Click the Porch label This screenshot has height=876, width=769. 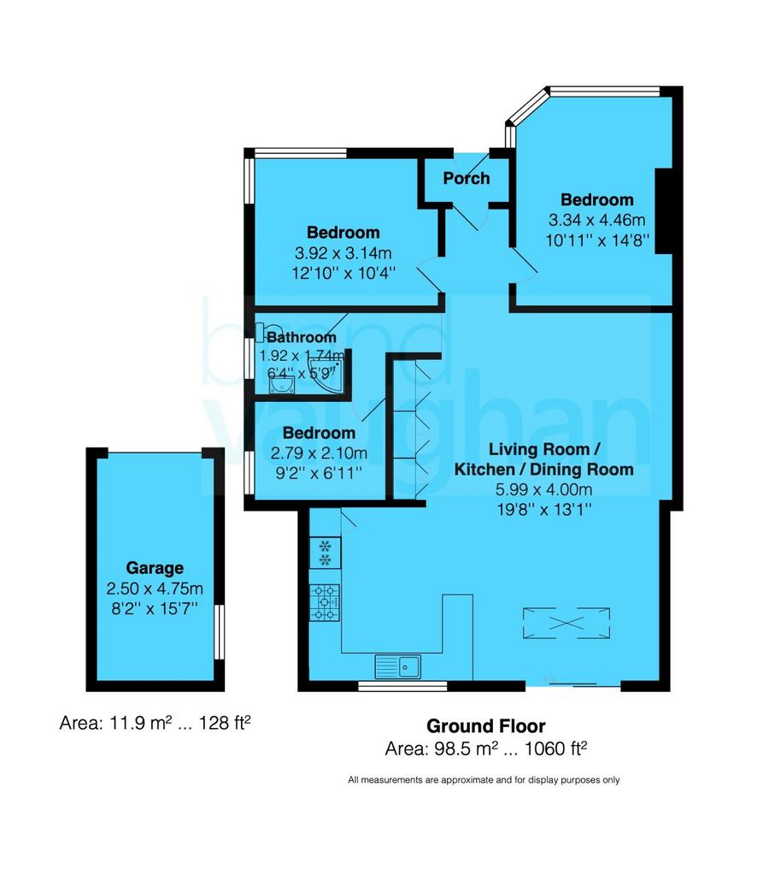pos(466,178)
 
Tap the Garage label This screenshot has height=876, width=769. pos(155,568)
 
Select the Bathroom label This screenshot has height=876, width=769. pos(302,337)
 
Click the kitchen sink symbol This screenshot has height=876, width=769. pos(398,666)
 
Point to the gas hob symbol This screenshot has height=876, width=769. pos(325,602)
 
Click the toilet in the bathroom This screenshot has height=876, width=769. pos(266,332)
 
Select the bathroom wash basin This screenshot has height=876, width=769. pos(282,384)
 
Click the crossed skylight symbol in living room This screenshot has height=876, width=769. pos(566,623)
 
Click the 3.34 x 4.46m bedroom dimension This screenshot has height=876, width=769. pos(597,220)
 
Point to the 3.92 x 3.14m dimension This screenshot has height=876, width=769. pos(343,253)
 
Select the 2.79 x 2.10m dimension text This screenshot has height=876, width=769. pos(319,453)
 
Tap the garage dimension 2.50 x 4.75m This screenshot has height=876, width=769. pos(155,589)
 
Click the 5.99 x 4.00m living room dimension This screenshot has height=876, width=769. pos(543,489)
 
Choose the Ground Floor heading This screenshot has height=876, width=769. pos(486,725)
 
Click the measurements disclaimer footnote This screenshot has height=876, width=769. pos(484,780)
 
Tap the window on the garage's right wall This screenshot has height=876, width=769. pos(220,631)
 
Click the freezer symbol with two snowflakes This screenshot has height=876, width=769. pos(325,553)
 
